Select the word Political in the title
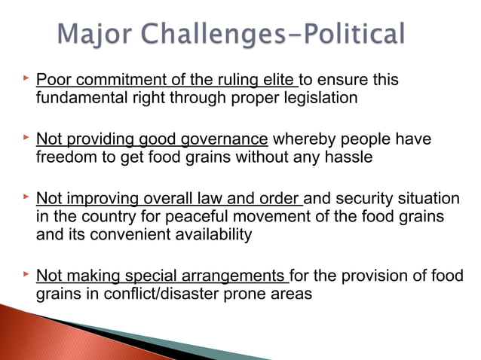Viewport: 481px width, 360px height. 353,35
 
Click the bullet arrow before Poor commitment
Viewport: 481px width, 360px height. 25,78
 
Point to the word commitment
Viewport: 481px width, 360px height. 113,80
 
